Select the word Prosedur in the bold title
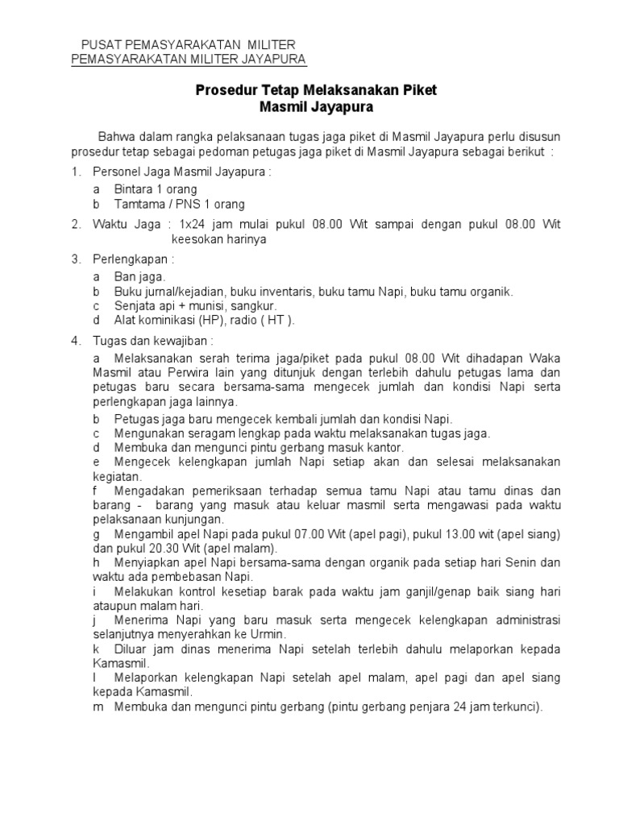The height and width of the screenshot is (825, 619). point(223,91)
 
